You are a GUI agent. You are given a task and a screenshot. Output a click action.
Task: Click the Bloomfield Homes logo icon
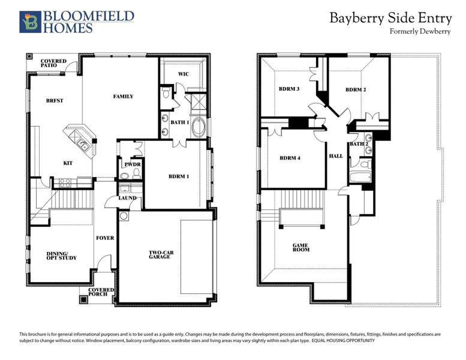29,22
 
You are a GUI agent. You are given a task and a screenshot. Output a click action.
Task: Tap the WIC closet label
184,74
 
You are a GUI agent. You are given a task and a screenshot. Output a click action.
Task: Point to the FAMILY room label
123,96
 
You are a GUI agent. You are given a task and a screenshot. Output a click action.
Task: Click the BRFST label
54,101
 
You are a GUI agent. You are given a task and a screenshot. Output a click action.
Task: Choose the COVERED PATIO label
53,64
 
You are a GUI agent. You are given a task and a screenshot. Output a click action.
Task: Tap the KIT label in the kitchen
68,163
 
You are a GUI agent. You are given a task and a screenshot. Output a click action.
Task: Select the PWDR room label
132,164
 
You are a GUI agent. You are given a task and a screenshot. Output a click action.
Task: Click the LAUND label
127,198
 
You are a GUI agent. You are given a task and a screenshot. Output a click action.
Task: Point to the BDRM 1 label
178,176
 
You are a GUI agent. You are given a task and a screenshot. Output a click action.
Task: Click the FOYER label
105,238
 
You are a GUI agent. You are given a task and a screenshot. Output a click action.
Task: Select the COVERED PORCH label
101,292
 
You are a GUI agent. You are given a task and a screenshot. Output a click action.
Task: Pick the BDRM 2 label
355,89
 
